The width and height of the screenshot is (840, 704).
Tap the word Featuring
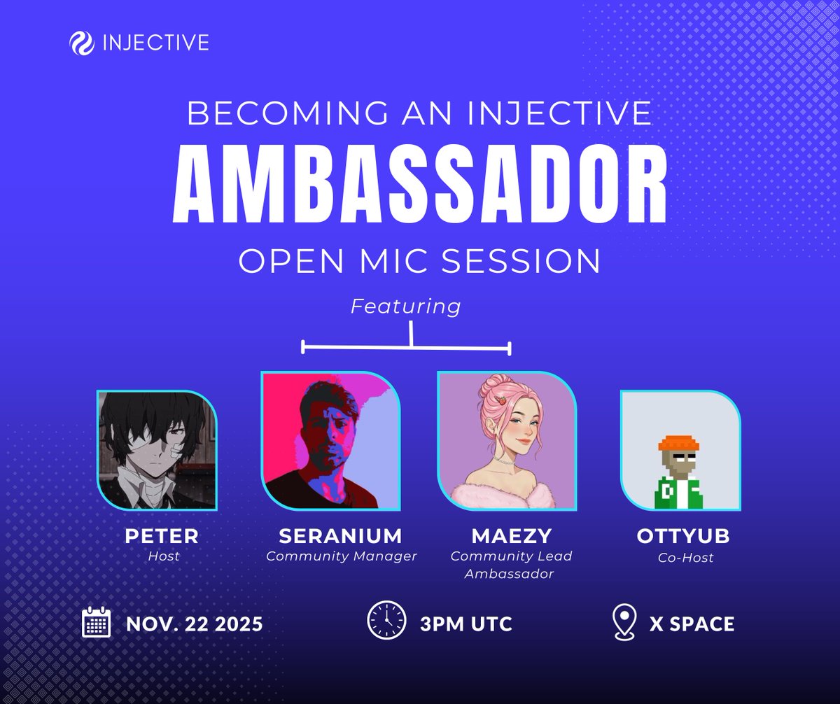406,307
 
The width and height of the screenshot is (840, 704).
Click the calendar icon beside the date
97,622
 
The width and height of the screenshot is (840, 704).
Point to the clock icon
386,621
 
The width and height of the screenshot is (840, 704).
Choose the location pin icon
624,622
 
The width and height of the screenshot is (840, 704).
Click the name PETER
162,536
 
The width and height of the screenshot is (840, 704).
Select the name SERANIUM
341,536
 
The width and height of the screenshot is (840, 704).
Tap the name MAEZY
511,536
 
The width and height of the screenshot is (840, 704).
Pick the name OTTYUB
683,536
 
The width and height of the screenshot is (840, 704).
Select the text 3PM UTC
466,624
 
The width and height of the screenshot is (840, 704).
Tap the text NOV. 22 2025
195,624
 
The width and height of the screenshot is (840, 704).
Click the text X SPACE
692,624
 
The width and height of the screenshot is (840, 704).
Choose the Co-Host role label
683,558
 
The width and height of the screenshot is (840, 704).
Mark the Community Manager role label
341,557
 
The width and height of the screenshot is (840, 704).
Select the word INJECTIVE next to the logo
155,43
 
